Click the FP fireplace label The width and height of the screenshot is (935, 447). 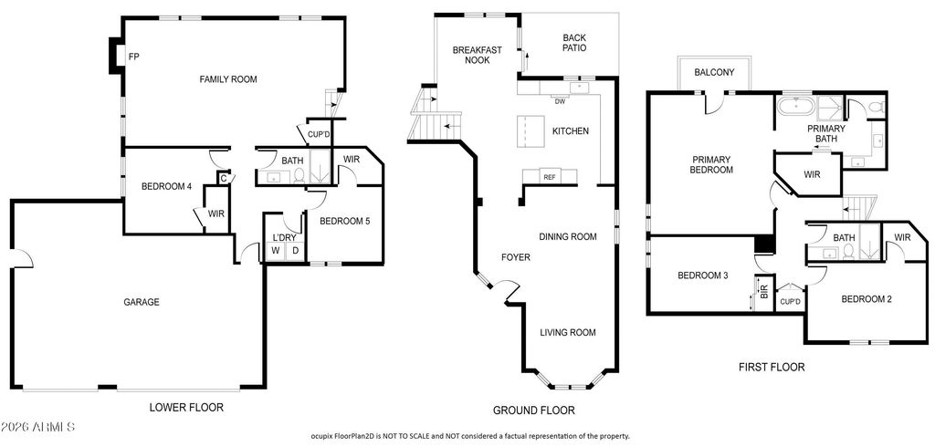[134, 57]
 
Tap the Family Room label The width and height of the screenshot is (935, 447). [227, 79]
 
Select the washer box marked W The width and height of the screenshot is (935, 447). [276, 251]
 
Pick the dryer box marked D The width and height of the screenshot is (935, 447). [295, 251]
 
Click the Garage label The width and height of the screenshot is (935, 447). [142, 302]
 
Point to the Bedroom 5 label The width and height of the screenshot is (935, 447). [345, 221]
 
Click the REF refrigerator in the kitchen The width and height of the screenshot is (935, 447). [549, 177]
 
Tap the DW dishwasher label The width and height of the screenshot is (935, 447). [560, 101]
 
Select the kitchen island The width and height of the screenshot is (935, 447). [531, 130]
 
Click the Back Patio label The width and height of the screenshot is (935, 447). [574, 43]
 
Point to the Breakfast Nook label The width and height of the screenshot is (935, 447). [477, 55]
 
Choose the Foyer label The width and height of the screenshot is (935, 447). [515, 257]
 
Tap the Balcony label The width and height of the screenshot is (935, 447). [714, 73]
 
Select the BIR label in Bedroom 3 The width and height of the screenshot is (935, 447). [764, 291]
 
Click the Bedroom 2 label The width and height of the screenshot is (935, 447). [867, 299]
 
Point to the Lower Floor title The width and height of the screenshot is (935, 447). [186, 408]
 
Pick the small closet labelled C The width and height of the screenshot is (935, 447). [224, 178]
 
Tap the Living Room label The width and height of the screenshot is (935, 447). [568, 333]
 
